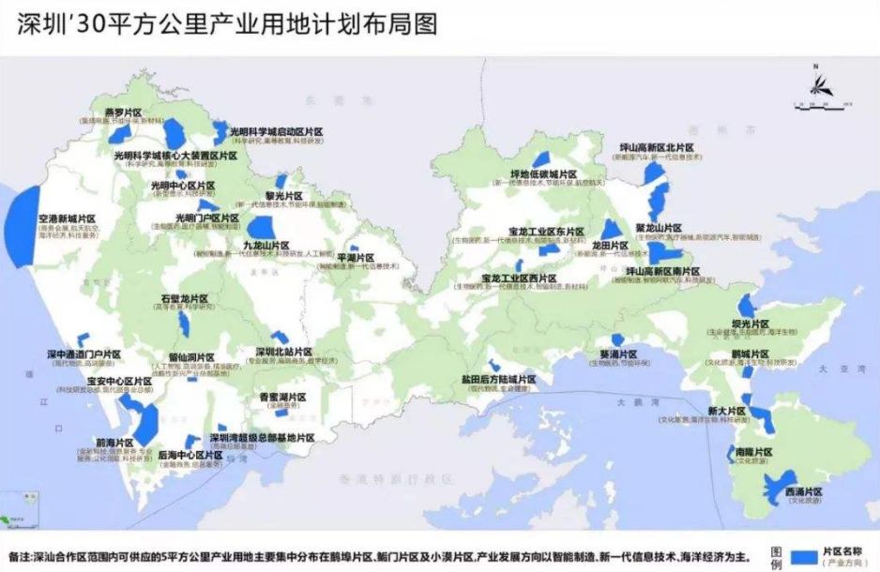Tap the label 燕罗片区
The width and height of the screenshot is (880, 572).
(123, 113)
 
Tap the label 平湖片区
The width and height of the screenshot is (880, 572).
(356, 257)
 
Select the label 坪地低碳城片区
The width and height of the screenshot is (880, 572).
(543, 174)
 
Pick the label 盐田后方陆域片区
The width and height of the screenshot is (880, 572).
(498, 379)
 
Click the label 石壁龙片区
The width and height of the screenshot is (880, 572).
(184, 298)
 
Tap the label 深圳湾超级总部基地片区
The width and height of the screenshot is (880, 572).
(262, 437)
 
